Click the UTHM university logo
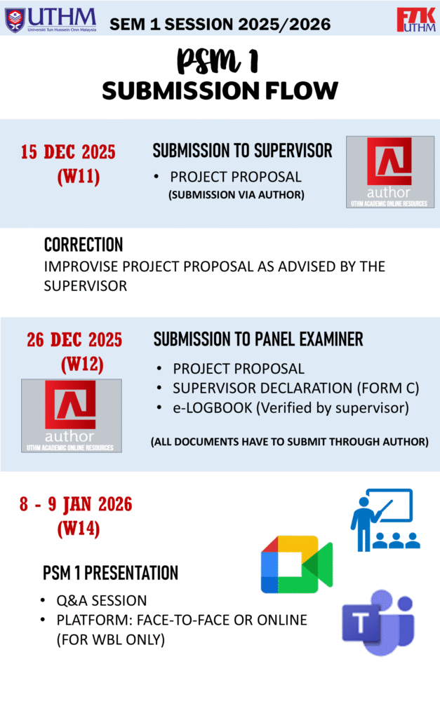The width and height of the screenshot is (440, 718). click(51, 20)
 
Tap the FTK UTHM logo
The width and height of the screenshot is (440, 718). click(416, 20)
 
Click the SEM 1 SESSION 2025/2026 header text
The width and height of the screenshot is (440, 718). click(220, 25)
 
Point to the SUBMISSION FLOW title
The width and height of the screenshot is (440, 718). click(220, 90)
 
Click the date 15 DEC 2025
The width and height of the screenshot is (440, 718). click(68, 152)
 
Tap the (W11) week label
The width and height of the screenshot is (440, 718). click(79, 176)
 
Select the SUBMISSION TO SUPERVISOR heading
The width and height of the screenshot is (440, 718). click(243, 151)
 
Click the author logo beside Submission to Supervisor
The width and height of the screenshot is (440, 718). click(390, 172)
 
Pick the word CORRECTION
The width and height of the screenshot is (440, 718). click(84, 245)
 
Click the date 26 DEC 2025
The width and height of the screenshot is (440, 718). click(74, 340)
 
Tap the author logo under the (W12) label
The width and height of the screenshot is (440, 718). click(72, 416)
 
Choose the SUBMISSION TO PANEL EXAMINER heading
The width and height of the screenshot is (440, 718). click(258, 339)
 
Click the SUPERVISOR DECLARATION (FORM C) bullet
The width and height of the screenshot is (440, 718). click(295, 388)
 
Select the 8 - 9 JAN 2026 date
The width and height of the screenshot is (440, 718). click(76, 504)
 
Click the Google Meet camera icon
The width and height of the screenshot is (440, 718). click(297, 564)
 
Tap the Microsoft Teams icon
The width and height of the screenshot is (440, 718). click(378, 623)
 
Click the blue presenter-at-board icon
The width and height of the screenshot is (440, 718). click(385, 520)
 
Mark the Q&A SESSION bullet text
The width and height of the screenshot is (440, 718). click(101, 601)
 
